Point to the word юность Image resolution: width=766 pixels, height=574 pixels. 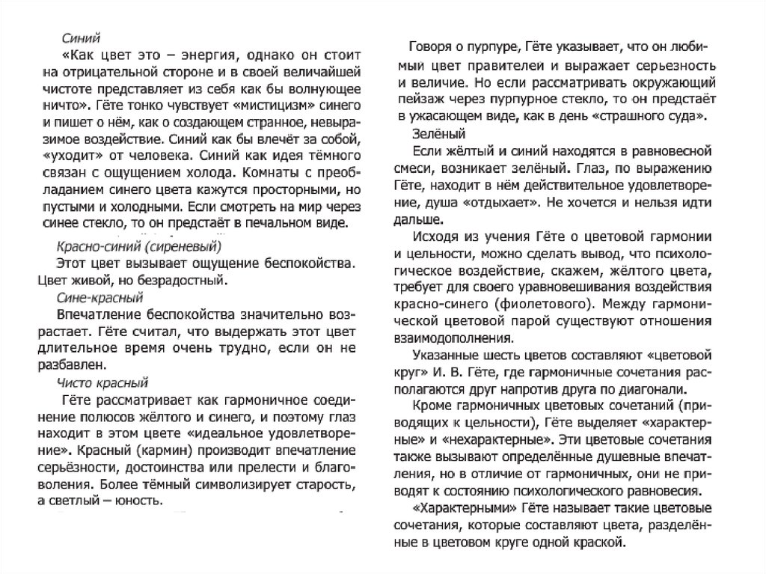(140, 501)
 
